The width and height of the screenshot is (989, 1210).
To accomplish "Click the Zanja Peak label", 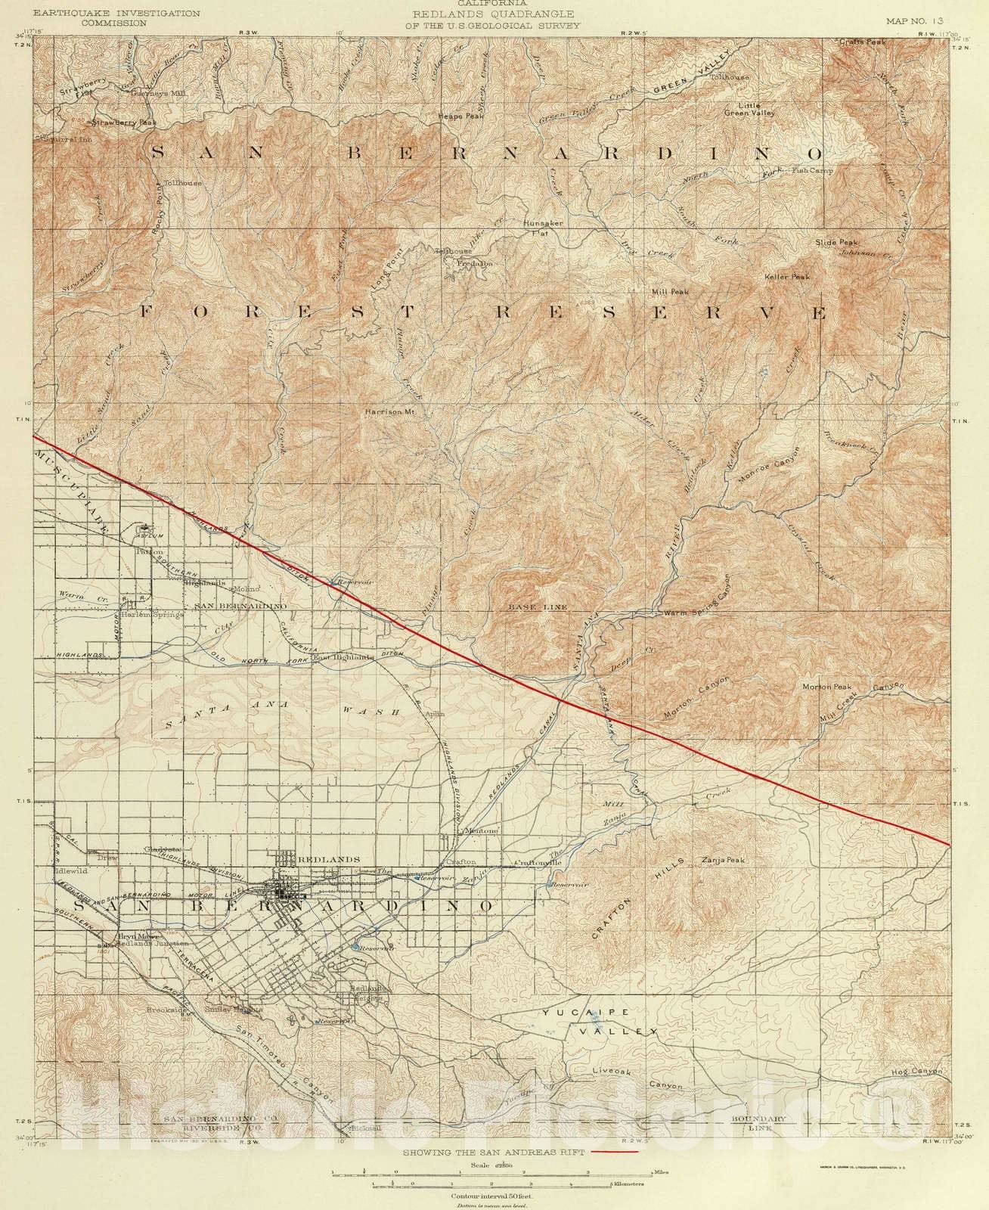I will coord(724,861).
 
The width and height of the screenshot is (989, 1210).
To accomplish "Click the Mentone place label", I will coord(479,831).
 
